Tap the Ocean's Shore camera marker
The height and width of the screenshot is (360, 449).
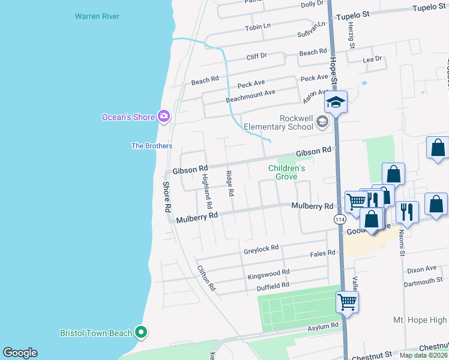[x=163, y=116]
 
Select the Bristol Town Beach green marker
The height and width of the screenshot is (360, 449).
[x=141, y=332]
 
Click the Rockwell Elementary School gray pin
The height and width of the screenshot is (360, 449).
[x=322, y=123]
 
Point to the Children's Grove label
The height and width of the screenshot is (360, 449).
[x=286, y=172]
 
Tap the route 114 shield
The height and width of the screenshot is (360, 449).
[x=340, y=220]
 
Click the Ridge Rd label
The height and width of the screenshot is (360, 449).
[x=229, y=184]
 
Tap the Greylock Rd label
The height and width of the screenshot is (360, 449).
[x=261, y=248]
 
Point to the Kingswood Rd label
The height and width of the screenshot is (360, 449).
[x=268, y=275]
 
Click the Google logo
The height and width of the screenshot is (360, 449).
[x=20, y=353]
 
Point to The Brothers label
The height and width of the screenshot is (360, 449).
[x=152, y=146]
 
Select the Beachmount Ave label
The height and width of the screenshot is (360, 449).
[x=250, y=96]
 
